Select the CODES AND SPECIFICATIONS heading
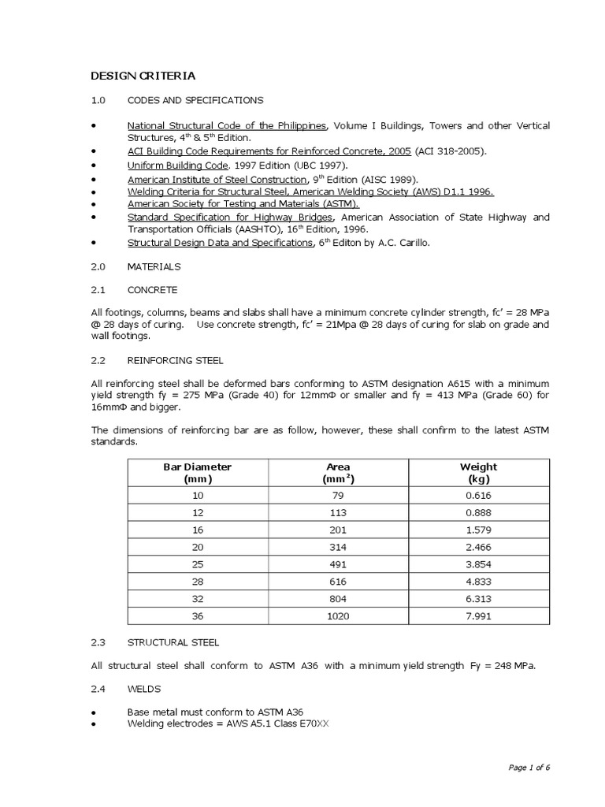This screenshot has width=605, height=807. click(x=195, y=101)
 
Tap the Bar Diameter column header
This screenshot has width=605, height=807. click(x=197, y=473)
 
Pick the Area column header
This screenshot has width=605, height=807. click(x=338, y=473)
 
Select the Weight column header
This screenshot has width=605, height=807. click(x=478, y=473)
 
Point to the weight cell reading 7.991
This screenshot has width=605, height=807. click(x=478, y=616)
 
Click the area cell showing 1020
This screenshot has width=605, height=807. click(x=338, y=616)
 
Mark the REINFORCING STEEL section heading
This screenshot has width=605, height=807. click(x=176, y=360)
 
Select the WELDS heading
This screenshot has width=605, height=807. click(x=144, y=688)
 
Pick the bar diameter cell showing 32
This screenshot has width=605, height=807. click(x=197, y=600)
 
